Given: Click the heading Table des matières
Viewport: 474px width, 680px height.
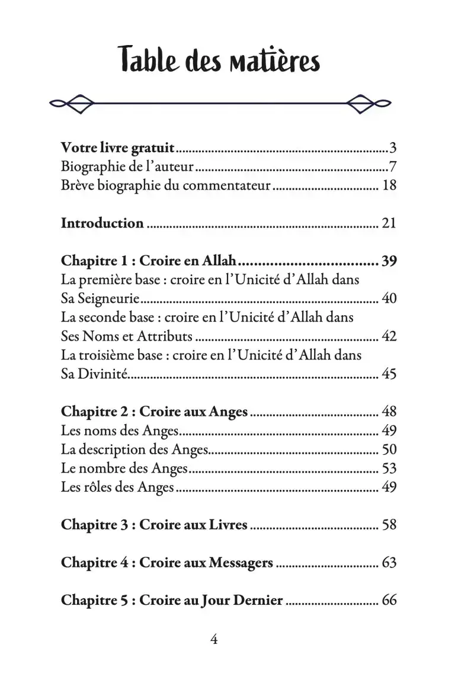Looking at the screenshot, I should pyautogui.click(x=220, y=61).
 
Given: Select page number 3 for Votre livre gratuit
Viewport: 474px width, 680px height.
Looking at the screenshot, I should pyautogui.click(x=392, y=148).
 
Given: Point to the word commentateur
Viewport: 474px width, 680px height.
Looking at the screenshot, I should pyautogui.click(x=228, y=185).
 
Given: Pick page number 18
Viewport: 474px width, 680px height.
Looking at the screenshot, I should pyautogui.click(x=389, y=185).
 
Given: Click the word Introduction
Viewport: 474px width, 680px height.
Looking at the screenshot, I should pyautogui.click(x=103, y=223).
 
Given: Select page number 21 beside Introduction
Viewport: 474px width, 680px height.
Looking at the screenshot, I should pyautogui.click(x=389, y=223).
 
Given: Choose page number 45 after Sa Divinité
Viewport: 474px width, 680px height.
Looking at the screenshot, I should pyautogui.click(x=389, y=374).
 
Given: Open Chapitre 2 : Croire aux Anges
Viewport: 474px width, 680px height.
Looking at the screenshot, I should pyautogui.click(x=155, y=412).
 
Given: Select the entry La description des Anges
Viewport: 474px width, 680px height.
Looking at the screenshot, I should pyautogui.click(x=134, y=450).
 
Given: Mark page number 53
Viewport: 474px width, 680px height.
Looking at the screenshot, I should pyautogui.click(x=389, y=469).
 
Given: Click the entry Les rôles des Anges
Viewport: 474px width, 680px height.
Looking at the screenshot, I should pyautogui.click(x=117, y=487).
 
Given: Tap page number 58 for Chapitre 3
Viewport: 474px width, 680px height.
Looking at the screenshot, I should pyautogui.click(x=389, y=525).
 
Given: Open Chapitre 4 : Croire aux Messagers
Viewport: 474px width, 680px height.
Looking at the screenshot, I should pyautogui.click(x=167, y=563).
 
